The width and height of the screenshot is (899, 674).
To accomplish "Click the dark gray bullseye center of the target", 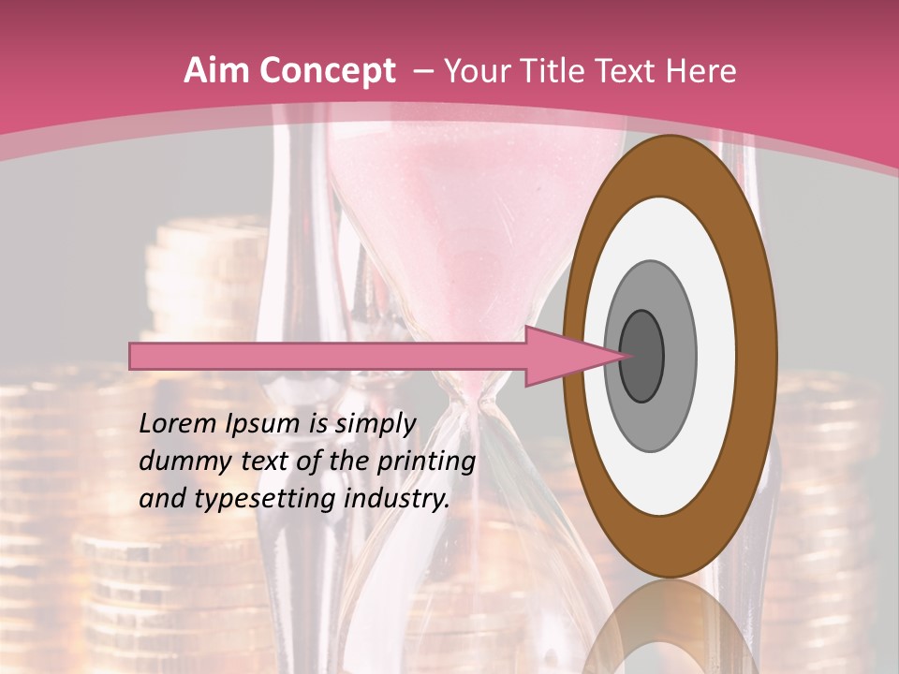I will (641, 356).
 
